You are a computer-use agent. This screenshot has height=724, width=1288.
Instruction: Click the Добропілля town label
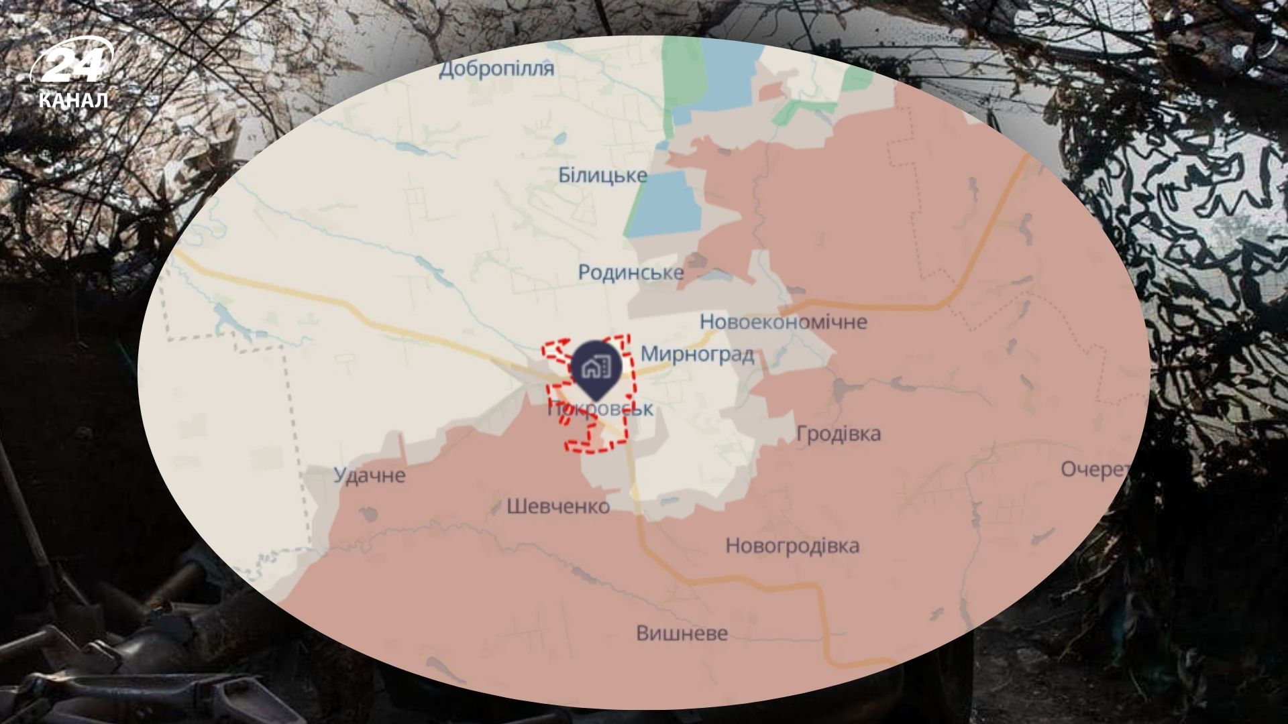click(496, 69)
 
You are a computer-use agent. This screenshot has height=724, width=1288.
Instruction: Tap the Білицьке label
click(602, 176)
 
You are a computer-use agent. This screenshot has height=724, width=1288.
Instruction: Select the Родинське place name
click(631, 272)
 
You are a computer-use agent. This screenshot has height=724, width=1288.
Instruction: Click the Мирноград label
click(697, 354)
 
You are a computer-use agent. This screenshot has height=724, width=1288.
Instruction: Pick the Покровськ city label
click(600, 409)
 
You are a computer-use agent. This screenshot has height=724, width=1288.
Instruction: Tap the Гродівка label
click(839, 434)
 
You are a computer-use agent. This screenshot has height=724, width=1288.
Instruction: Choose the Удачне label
click(370, 475)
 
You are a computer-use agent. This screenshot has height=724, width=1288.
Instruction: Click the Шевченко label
click(558, 505)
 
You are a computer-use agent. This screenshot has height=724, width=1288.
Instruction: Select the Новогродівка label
click(792, 546)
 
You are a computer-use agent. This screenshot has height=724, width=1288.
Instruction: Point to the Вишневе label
click(682, 633)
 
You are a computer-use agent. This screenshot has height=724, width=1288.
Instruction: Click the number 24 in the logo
click(72, 65)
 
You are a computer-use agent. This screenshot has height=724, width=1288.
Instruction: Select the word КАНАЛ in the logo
click(74, 101)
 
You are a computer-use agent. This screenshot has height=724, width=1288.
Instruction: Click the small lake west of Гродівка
click(841, 389)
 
